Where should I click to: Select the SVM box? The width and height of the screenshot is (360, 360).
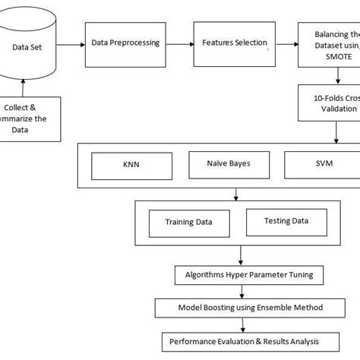pyautogui.click(x=319, y=164)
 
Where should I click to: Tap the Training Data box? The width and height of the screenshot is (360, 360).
pyautogui.click(x=188, y=223)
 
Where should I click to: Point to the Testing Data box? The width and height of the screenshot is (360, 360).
pyautogui.click(x=286, y=221)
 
